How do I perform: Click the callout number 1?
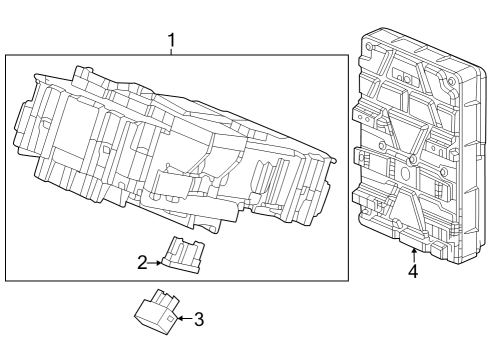pyautogui.click(x=171, y=40)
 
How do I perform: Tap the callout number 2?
pyautogui.click(x=142, y=263)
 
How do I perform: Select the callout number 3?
pyautogui.click(x=199, y=319)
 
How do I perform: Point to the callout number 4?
pyautogui.click(x=413, y=271)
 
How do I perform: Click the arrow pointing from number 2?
pyautogui.click(x=155, y=263)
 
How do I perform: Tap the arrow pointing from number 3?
pyautogui.click(x=185, y=319)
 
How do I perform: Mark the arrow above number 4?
pyautogui.click(x=414, y=256)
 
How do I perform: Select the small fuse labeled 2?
pyautogui.click(x=183, y=255)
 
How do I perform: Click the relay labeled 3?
pyautogui.click(x=157, y=312)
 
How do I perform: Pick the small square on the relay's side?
pyautogui.click(x=170, y=319)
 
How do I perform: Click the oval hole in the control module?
pyautogui.click(x=405, y=173)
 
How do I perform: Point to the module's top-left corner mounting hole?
pyautogui.click(x=368, y=47)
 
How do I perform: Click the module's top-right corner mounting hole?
pyautogui.click(x=451, y=80)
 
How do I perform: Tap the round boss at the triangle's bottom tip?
pyautogui.click(x=413, y=159)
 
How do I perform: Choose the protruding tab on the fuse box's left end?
pyautogui.click(x=21, y=125)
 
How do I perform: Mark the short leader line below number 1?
pyautogui.click(x=171, y=52)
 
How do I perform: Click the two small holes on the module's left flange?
pyautogui.click(x=364, y=118)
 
